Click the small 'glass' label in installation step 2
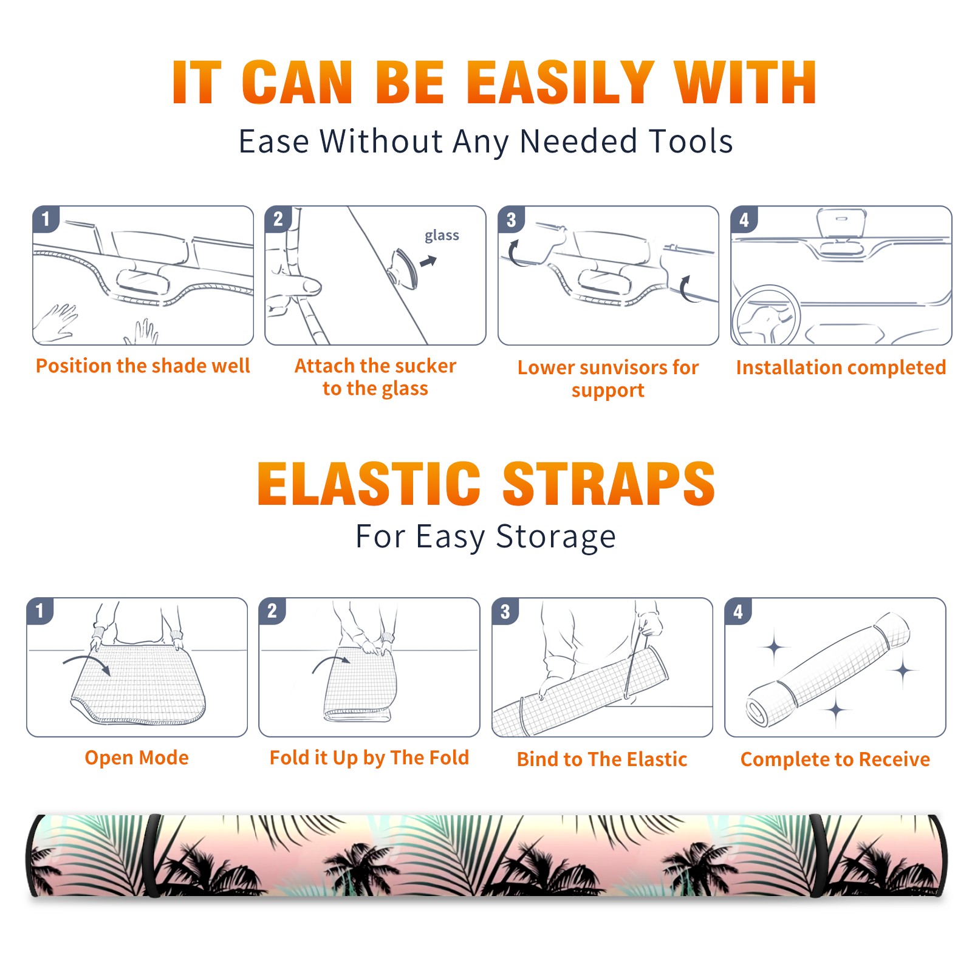pos(442,235)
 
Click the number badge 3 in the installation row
pos(510,219)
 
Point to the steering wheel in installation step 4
pos(766,315)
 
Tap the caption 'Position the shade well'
pos(143,366)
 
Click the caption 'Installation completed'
pos(841,367)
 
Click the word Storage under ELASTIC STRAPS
pos(556,537)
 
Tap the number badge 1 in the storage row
pos(40,611)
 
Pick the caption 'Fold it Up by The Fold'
pos(369,758)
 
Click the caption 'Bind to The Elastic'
pos(602,759)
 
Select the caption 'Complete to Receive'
pos(835,759)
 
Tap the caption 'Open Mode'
pos(137,758)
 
